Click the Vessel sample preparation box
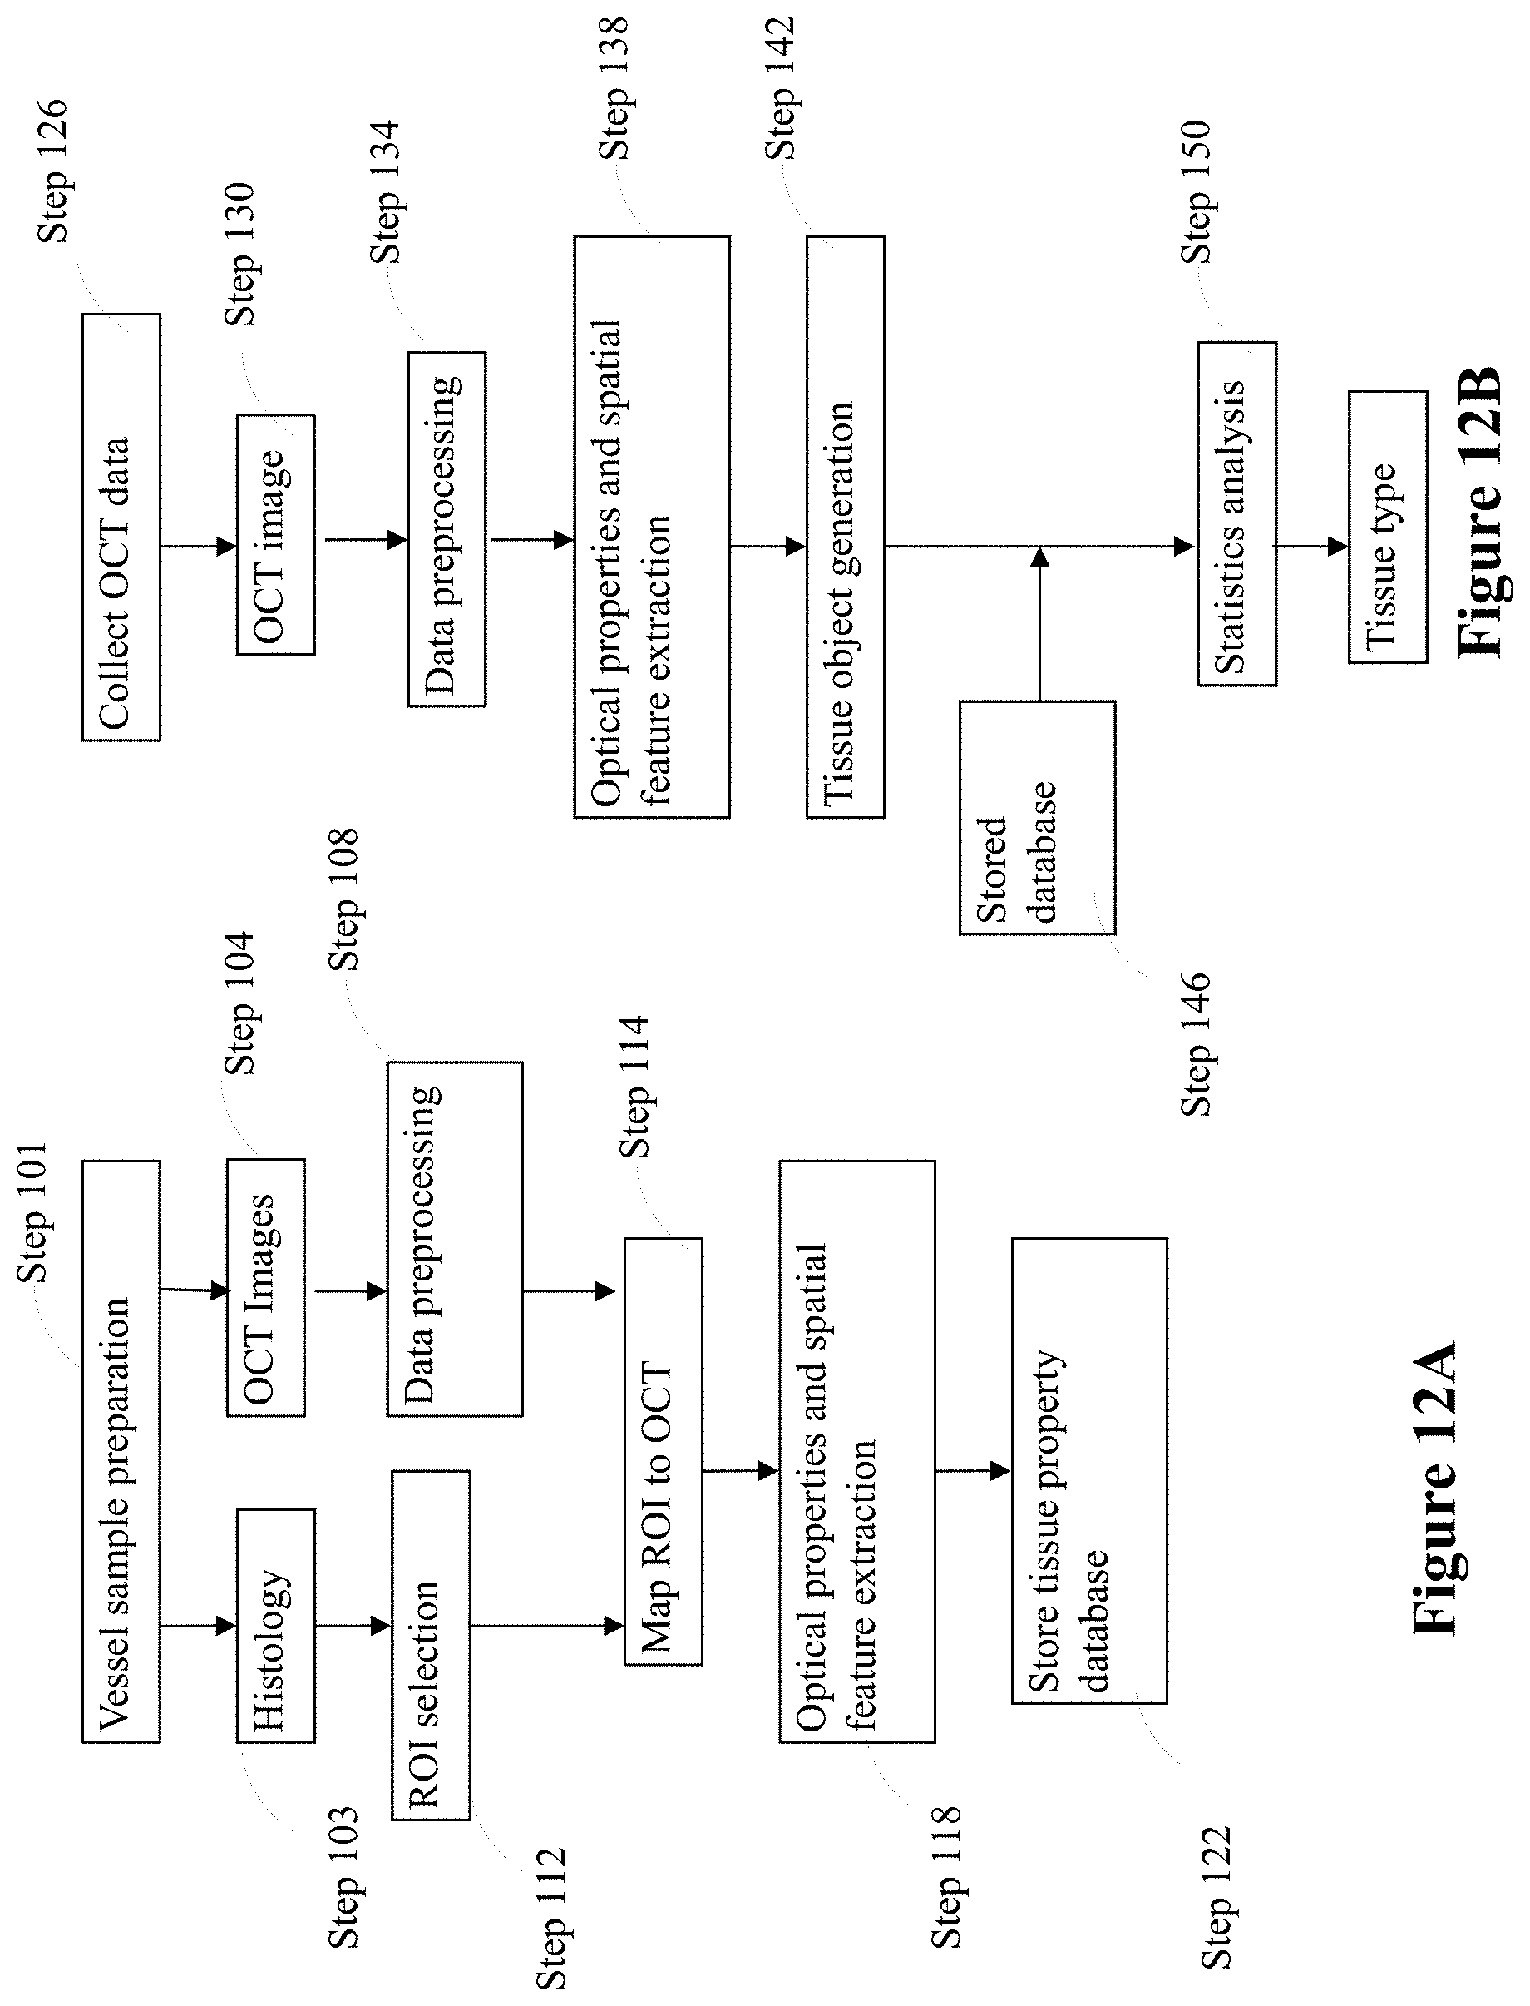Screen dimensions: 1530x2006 click(x=121, y=1451)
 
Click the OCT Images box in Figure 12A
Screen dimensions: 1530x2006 click(x=266, y=1287)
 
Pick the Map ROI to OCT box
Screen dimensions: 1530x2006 click(x=663, y=1451)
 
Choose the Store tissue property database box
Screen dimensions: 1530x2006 click(x=1089, y=1470)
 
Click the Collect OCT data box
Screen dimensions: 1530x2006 click(x=121, y=528)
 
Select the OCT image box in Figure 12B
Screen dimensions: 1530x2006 click(x=276, y=535)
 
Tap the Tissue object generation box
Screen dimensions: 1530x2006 click(x=845, y=528)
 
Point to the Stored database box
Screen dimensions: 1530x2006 click(x=1037, y=817)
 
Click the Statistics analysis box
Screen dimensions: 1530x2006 click(x=1236, y=514)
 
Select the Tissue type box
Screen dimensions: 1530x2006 click(x=1388, y=528)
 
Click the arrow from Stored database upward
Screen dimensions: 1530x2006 click(x=1039, y=624)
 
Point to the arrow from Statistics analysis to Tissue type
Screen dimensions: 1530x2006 click(x=1311, y=547)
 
